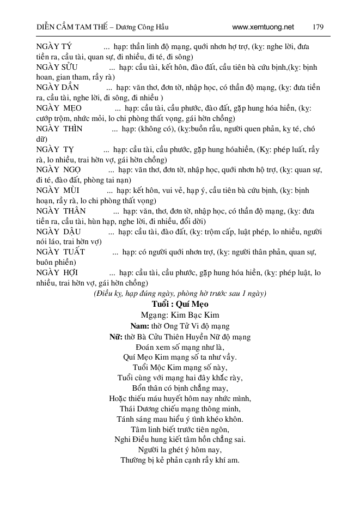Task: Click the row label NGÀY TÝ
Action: [55, 47]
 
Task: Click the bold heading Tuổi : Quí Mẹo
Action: [180, 304]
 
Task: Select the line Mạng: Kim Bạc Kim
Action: [180, 315]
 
